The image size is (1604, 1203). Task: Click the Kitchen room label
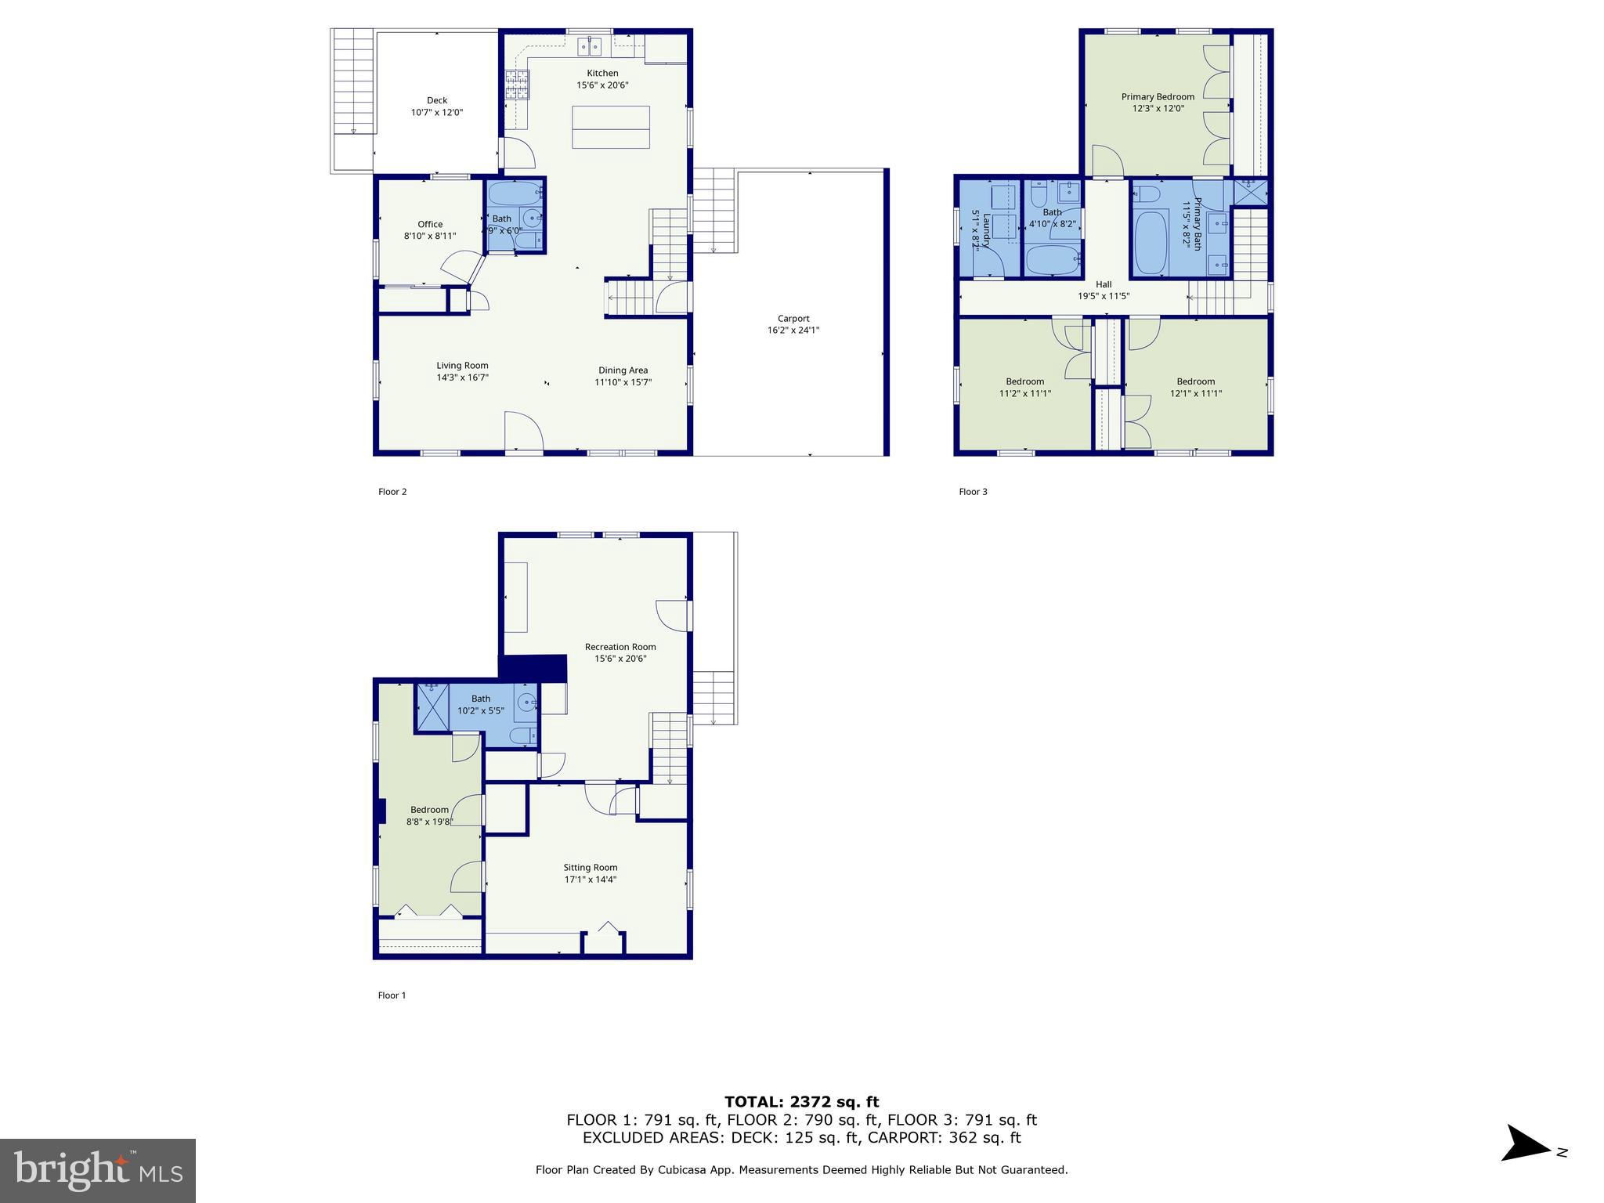pos(602,73)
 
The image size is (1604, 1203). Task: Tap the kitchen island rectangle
pos(611,127)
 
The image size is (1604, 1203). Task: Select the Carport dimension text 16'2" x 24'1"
pos(793,331)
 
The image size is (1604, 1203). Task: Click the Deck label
pos(437,100)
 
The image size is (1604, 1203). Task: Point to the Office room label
pos(430,224)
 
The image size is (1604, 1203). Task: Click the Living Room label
pos(462,365)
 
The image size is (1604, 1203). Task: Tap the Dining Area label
pos(623,370)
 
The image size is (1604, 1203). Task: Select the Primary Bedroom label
pos(1158,97)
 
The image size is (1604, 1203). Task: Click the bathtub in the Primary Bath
pos(1151,242)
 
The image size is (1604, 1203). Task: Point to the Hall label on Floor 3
pos(1104,284)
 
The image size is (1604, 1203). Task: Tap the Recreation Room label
pos(620,647)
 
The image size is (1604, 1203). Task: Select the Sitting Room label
pos(591,867)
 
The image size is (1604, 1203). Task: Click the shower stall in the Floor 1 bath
pos(432,707)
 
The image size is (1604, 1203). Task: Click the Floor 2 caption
pos(392,492)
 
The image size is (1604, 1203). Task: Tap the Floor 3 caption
pos(973,492)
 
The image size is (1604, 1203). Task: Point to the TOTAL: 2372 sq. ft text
pos(801,1102)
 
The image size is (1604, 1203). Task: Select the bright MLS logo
pos(98,1170)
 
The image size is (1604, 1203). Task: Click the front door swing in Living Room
pos(522,432)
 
